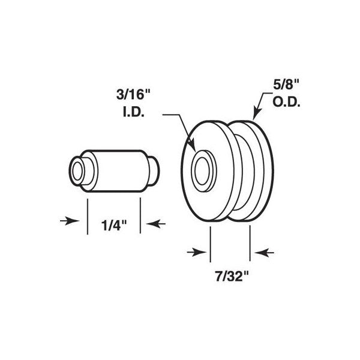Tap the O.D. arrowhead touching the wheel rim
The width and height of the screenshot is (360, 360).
tap(254, 115)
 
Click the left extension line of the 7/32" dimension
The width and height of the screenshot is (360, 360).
tap(211, 243)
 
